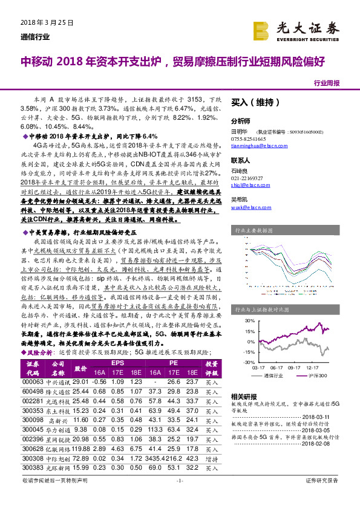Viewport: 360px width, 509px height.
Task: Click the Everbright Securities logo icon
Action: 262,30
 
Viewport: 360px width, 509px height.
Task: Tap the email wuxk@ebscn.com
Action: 249,207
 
